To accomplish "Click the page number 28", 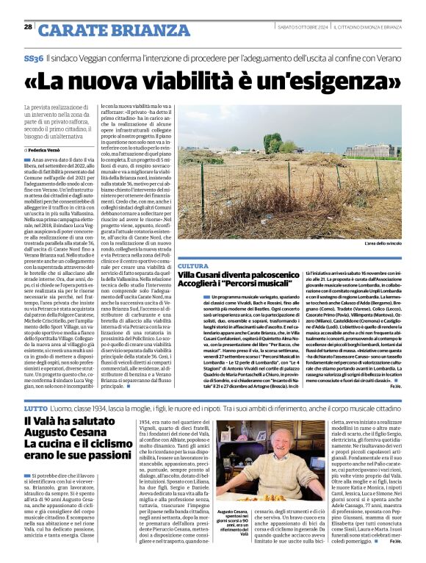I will (x=28, y=26).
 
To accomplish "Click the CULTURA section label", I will (x=193, y=265).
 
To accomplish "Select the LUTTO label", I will (x=35, y=406).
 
